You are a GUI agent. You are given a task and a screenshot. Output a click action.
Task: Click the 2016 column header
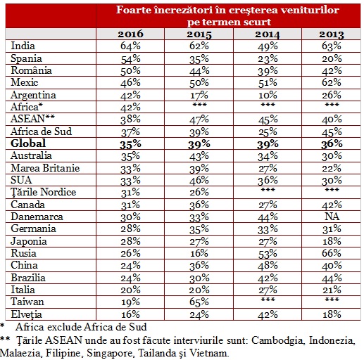pyautogui.click(x=130, y=34)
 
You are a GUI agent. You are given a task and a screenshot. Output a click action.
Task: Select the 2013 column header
pyautogui.click(x=332, y=34)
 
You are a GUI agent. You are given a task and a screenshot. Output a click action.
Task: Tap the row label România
pyautogui.click(x=31, y=70)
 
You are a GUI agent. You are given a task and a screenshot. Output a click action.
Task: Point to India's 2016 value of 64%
pyautogui.click(x=130, y=46)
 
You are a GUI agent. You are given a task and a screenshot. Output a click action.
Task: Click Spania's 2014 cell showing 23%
pyautogui.click(x=268, y=59)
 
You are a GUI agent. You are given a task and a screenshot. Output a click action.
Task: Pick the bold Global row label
pyautogui.click(x=28, y=143)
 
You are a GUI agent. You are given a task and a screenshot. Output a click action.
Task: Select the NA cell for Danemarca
pyautogui.click(x=332, y=217)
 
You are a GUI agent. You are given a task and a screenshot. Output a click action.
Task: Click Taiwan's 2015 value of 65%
pyautogui.click(x=199, y=302)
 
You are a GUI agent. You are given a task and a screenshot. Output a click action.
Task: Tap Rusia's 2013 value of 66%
pyautogui.click(x=332, y=253)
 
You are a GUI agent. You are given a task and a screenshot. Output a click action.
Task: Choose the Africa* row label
pyautogui.click(x=27, y=107)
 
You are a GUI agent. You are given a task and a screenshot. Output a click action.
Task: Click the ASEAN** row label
pyautogui.click(x=32, y=119)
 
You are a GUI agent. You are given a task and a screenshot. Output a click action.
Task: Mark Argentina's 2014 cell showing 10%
pyautogui.click(x=268, y=95)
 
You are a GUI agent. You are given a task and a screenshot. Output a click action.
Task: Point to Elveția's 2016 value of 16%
pyautogui.click(x=130, y=314)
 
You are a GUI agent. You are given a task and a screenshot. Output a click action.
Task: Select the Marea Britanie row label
pyautogui.click(x=45, y=168)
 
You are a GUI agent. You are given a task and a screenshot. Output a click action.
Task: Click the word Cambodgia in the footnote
pyautogui.click(x=278, y=340)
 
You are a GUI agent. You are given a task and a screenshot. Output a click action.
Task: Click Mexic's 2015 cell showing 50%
pyautogui.click(x=199, y=83)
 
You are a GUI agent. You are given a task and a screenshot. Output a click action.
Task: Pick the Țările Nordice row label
pyautogui.click(x=44, y=192)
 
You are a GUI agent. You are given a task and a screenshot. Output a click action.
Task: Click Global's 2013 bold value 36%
pyautogui.click(x=332, y=143)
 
